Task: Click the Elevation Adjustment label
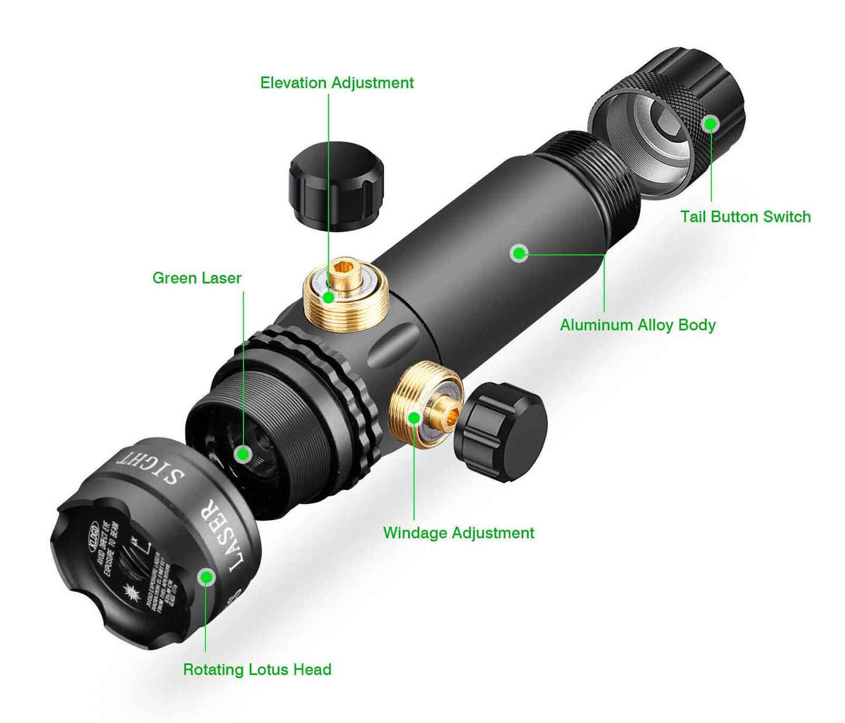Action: click(337, 83)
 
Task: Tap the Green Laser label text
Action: click(196, 278)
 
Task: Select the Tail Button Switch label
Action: click(745, 217)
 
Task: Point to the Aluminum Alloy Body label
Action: click(637, 325)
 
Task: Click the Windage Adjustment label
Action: click(458, 533)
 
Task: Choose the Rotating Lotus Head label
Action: click(257, 670)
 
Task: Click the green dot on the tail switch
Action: click(711, 124)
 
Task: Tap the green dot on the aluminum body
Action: click(519, 253)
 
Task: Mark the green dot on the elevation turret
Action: click(329, 297)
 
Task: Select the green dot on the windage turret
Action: click(414, 418)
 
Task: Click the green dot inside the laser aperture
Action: click(243, 454)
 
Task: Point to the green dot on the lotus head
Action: click(206, 577)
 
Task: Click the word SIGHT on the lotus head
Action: click(151, 466)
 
